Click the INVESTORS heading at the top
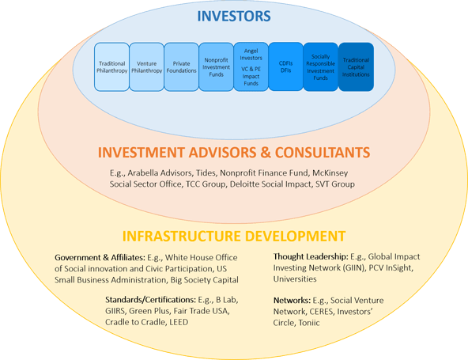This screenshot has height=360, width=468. (234, 16)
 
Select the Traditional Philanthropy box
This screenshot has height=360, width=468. (111, 67)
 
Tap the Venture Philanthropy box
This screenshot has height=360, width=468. (146, 67)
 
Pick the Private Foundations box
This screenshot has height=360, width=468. (182, 67)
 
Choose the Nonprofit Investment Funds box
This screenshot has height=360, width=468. (216, 67)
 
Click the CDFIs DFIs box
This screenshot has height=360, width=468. (285, 66)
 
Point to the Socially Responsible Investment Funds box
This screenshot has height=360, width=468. (320, 67)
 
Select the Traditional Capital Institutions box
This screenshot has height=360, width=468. (356, 67)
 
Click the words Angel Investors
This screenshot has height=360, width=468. (251, 55)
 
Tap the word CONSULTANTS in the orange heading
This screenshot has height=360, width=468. (323, 153)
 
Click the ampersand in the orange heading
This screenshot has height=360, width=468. (266, 153)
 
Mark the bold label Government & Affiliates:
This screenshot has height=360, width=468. (100, 257)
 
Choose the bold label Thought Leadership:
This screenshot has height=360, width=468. (311, 256)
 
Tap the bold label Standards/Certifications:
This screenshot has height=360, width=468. (150, 300)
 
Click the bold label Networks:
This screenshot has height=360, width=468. (292, 300)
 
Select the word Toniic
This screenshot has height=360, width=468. (309, 323)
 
